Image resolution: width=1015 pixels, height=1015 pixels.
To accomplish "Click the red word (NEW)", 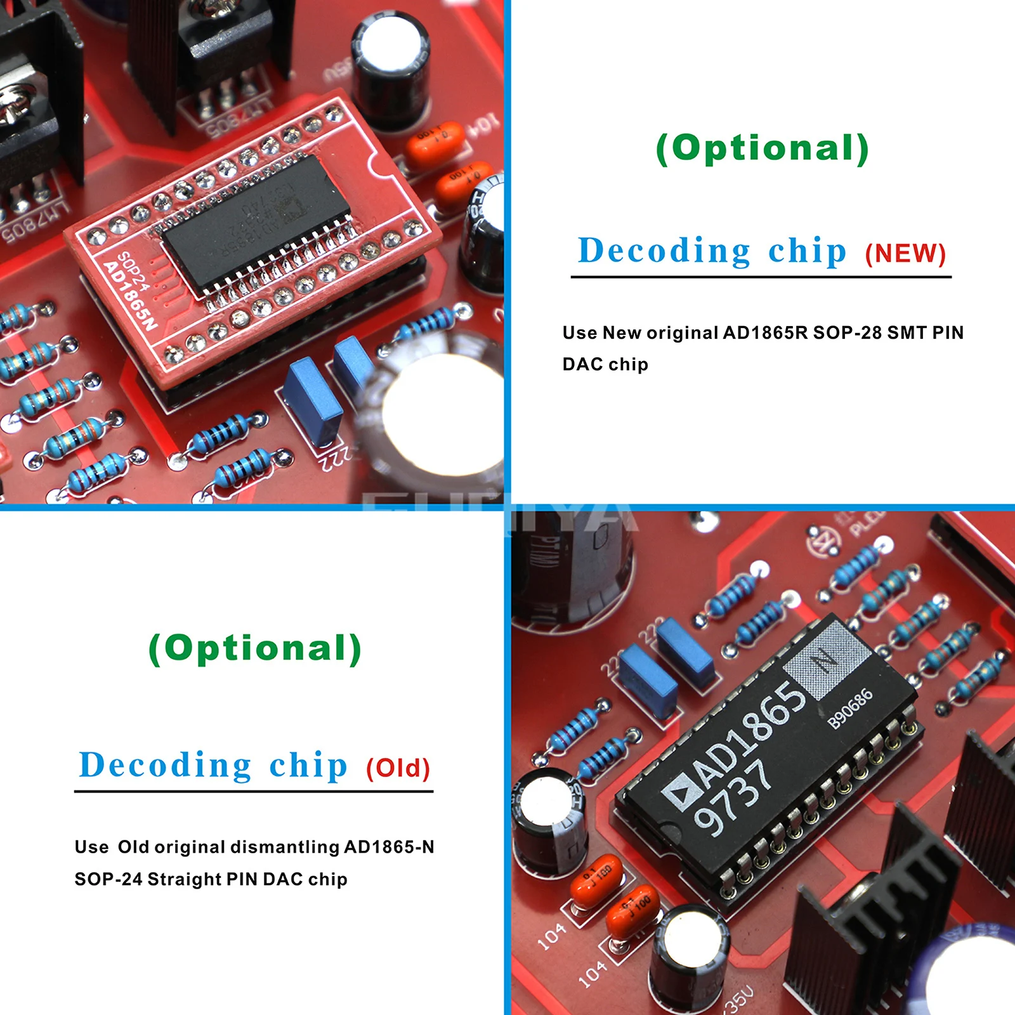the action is click(905, 254).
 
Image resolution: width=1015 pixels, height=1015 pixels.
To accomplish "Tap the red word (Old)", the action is click(398, 768).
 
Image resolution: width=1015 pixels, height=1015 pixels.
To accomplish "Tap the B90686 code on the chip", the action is click(851, 709).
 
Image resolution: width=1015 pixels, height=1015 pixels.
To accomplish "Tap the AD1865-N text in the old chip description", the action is click(389, 847).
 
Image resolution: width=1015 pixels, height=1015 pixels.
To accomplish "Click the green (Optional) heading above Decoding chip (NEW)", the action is click(762, 149).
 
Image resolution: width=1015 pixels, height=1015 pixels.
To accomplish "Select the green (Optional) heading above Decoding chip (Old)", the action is click(255, 649).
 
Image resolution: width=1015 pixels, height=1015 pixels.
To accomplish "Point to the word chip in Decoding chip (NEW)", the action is click(807, 251).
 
